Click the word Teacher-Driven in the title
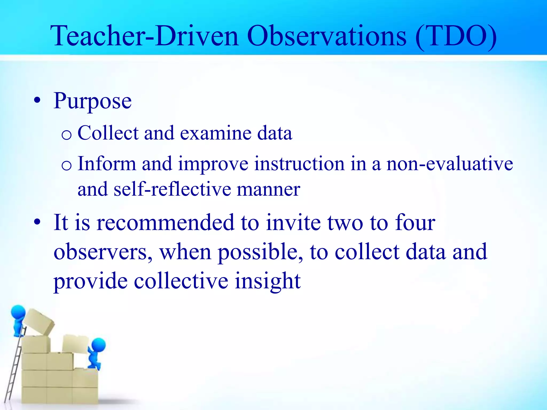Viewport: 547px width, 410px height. tap(144, 36)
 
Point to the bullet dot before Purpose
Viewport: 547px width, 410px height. tap(37, 101)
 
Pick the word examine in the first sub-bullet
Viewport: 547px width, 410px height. tap(216, 133)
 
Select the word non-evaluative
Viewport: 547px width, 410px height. tap(450, 164)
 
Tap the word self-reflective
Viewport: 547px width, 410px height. tap(172, 189)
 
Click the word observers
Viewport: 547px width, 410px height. tap(103, 252)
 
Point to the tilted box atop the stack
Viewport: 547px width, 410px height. tap(39, 322)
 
